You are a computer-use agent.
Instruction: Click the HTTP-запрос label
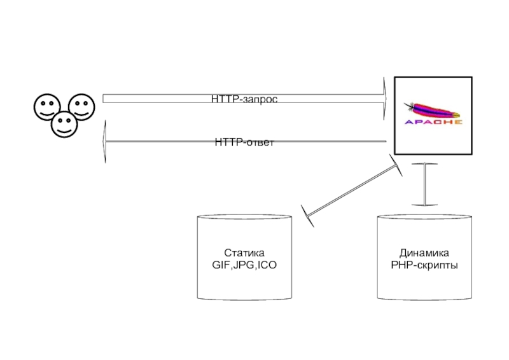tap(245, 99)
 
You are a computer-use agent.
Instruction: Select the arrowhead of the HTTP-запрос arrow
tap(385, 98)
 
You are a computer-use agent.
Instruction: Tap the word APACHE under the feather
tap(434, 122)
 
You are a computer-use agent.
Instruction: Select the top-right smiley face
tap(81, 106)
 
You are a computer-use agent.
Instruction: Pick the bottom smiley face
tap(64, 123)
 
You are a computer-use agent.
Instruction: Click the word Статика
tap(244, 253)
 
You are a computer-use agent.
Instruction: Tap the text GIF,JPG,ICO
tap(244, 265)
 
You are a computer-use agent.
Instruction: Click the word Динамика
tap(424, 253)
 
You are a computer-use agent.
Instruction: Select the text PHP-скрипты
tap(424, 265)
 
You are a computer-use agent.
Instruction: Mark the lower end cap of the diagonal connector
tap(305, 215)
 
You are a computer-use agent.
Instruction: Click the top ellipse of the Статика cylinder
tap(244, 218)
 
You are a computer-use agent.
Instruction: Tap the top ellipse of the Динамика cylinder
tap(424, 218)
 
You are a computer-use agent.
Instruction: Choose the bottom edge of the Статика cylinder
tap(244, 299)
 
